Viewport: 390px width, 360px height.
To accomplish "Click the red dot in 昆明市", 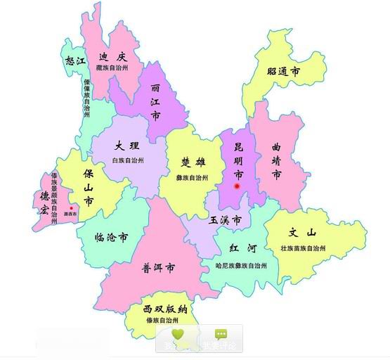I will coord(238,186).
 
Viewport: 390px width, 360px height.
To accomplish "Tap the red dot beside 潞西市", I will coord(71,208).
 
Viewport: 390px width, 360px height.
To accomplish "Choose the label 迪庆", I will coord(112,57).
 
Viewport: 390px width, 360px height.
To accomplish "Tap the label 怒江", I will coord(74,61).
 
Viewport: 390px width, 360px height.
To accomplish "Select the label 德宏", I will coord(44,202).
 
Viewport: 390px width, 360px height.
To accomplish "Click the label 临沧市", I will coord(111,238).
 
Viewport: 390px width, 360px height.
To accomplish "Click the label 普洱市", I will coord(158,268).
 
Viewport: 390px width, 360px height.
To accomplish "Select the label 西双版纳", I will coord(164,309).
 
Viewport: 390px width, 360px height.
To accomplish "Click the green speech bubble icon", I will coord(221,334).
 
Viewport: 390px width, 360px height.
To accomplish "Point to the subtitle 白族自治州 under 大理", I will coord(128,161).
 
